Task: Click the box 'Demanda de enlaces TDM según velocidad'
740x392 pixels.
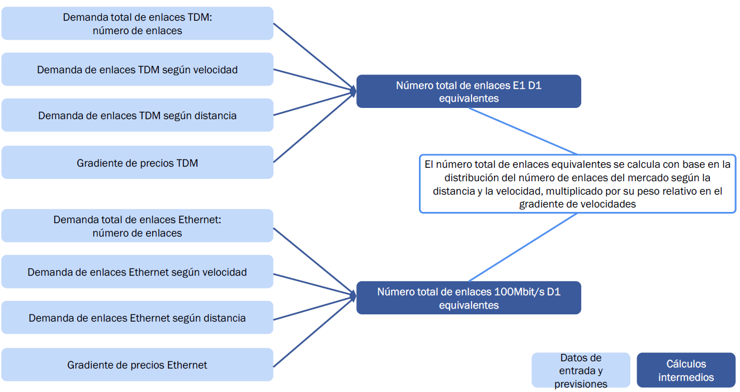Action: [137, 69]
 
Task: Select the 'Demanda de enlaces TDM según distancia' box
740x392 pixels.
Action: [137, 115]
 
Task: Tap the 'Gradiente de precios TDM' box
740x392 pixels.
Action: [137, 163]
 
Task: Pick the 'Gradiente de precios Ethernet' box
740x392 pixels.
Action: [137, 365]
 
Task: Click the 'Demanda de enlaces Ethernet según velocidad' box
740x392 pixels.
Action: [137, 272]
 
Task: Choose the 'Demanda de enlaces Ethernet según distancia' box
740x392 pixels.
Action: [137, 318]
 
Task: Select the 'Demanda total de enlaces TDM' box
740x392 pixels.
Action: [137, 23]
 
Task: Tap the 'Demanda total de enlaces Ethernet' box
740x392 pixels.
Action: [137, 226]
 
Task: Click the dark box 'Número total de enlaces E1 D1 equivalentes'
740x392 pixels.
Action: [469, 91]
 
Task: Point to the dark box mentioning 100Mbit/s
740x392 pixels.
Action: [469, 297]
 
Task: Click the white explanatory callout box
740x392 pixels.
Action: [577, 184]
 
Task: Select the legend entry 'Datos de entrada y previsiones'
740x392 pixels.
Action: [581, 370]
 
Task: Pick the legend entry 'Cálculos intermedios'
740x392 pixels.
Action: [686, 370]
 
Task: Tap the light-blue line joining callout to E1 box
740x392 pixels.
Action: [523, 131]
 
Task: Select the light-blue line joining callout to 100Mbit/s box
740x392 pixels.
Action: [523, 247]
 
